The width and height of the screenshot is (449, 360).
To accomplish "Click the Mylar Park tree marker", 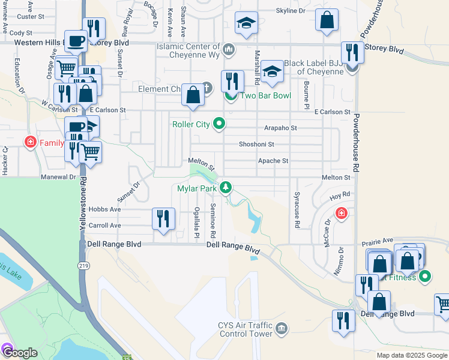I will [x=226, y=188].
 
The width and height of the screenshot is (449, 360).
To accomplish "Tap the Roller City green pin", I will [x=220, y=124].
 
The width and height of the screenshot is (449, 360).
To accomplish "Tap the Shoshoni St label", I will [x=256, y=144].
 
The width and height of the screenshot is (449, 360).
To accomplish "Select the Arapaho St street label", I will [x=281, y=128].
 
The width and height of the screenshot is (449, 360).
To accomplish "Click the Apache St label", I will [x=273, y=161].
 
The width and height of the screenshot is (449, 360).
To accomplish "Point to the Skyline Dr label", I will [x=291, y=11].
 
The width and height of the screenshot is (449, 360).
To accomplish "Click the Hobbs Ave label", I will [x=104, y=209].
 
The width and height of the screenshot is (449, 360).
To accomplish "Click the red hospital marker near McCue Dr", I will [x=341, y=213].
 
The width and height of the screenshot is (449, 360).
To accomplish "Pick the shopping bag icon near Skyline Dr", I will [x=327, y=20].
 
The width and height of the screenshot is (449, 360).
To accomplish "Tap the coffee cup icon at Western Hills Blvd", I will [x=76, y=41].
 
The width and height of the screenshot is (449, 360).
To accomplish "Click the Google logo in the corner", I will [x=20, y=353].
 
